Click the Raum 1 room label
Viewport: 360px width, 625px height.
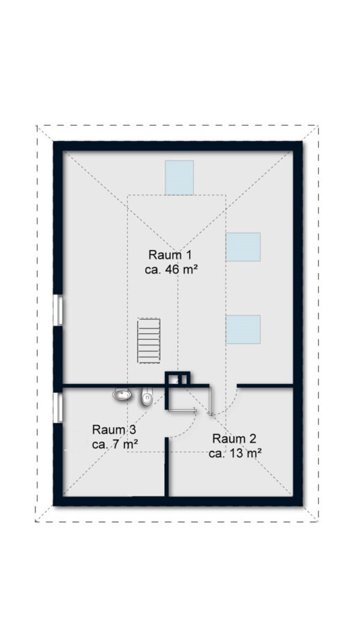tap(170, 254)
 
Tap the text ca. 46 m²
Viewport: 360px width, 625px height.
tap(172, 269)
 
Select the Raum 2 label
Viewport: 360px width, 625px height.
tap(234, 439)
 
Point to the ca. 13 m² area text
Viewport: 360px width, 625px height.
tap(236, 453)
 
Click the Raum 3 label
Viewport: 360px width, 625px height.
tap(114, 430)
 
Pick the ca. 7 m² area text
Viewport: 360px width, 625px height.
tap(115, 444)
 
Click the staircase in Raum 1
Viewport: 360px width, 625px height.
tap(149, 341)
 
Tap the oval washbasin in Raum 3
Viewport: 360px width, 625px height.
tap(122, 394)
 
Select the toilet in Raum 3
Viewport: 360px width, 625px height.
tap(147, 397)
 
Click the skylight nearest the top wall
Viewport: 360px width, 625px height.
tap(179, 177)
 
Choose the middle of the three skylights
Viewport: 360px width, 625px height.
tap(243, 247)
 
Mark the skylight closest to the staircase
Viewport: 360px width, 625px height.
tap(243, 330)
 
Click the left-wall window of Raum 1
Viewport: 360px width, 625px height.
tap(58, 310)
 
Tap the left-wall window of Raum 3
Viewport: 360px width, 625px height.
tap(58, 408)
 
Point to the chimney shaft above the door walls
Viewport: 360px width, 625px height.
tap(178, 378)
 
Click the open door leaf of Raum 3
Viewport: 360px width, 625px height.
tap(181, 409)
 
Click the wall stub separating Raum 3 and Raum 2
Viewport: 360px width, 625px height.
tap(167, 467)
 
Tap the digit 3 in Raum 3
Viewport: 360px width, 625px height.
tap(133, 430)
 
